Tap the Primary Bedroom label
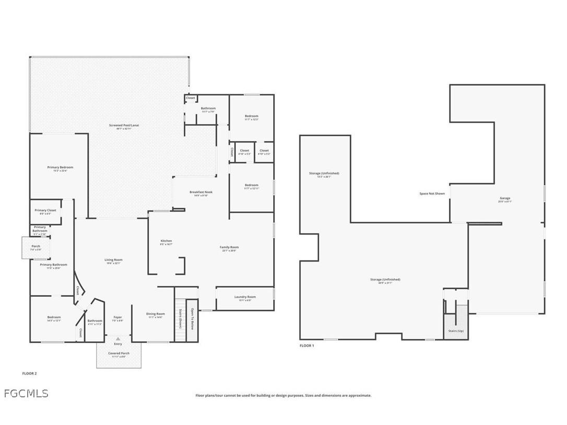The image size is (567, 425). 60,168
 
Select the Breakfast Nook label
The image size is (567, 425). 201,192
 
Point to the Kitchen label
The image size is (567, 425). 166,241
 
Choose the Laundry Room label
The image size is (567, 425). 245,297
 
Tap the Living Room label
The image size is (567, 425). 113,260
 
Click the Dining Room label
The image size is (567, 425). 156,314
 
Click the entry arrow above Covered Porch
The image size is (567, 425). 118,339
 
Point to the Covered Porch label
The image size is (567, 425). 119,353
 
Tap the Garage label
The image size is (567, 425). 505,198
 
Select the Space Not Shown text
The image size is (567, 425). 432,194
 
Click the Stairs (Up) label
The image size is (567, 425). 456,331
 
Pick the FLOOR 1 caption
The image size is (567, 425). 306,346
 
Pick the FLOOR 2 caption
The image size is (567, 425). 29,373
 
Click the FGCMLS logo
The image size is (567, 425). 26,393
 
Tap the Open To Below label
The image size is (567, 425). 192,319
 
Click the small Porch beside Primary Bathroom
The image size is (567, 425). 36,247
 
